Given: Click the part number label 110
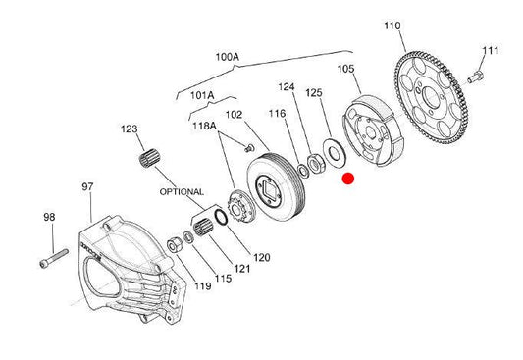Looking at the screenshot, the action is [x=392, y=26].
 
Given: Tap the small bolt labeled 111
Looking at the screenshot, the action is [x=475, y=77].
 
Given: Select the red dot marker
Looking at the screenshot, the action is [x=348, y=179].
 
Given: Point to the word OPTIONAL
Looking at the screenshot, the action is [x=182, y=192].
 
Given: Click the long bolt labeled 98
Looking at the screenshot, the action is [x=54, y=258].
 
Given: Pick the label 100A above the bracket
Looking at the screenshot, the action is [x=228, y=57].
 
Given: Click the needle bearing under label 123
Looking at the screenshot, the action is [x=149, y=159].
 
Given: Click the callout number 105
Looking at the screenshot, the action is [x=346, y=69].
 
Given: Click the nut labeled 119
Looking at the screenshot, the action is [x=174, y=245].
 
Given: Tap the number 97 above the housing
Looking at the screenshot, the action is [x=87, y=186].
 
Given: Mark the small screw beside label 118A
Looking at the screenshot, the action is [x=249, y=148].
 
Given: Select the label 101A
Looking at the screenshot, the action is [x=202, y=96].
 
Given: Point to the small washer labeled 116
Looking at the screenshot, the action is [x=303, y=171].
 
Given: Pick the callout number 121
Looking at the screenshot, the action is [x=241, y=269].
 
